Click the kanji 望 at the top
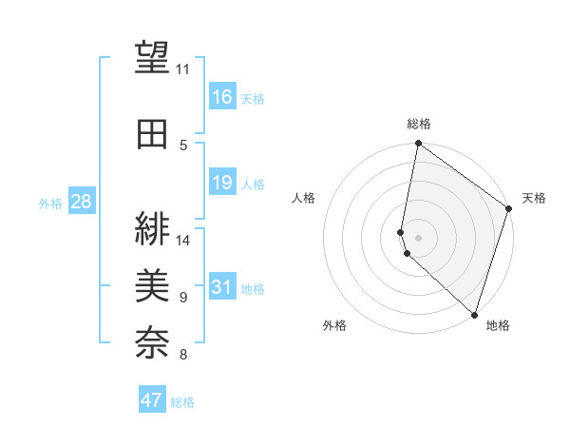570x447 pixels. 152,58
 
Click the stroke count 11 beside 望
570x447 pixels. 183,69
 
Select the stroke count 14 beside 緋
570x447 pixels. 183,240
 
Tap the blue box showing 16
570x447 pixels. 222,97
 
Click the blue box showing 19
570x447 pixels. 222,183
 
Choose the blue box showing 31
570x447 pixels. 222,287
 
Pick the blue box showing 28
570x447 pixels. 82,202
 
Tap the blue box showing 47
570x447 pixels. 152,400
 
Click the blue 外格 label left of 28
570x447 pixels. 50,204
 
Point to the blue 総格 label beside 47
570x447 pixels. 182,402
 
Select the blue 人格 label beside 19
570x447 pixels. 253,185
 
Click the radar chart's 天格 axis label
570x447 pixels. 534,198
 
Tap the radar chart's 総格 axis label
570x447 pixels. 419,124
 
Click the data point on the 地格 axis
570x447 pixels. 474,313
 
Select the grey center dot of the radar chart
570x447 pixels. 419,237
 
